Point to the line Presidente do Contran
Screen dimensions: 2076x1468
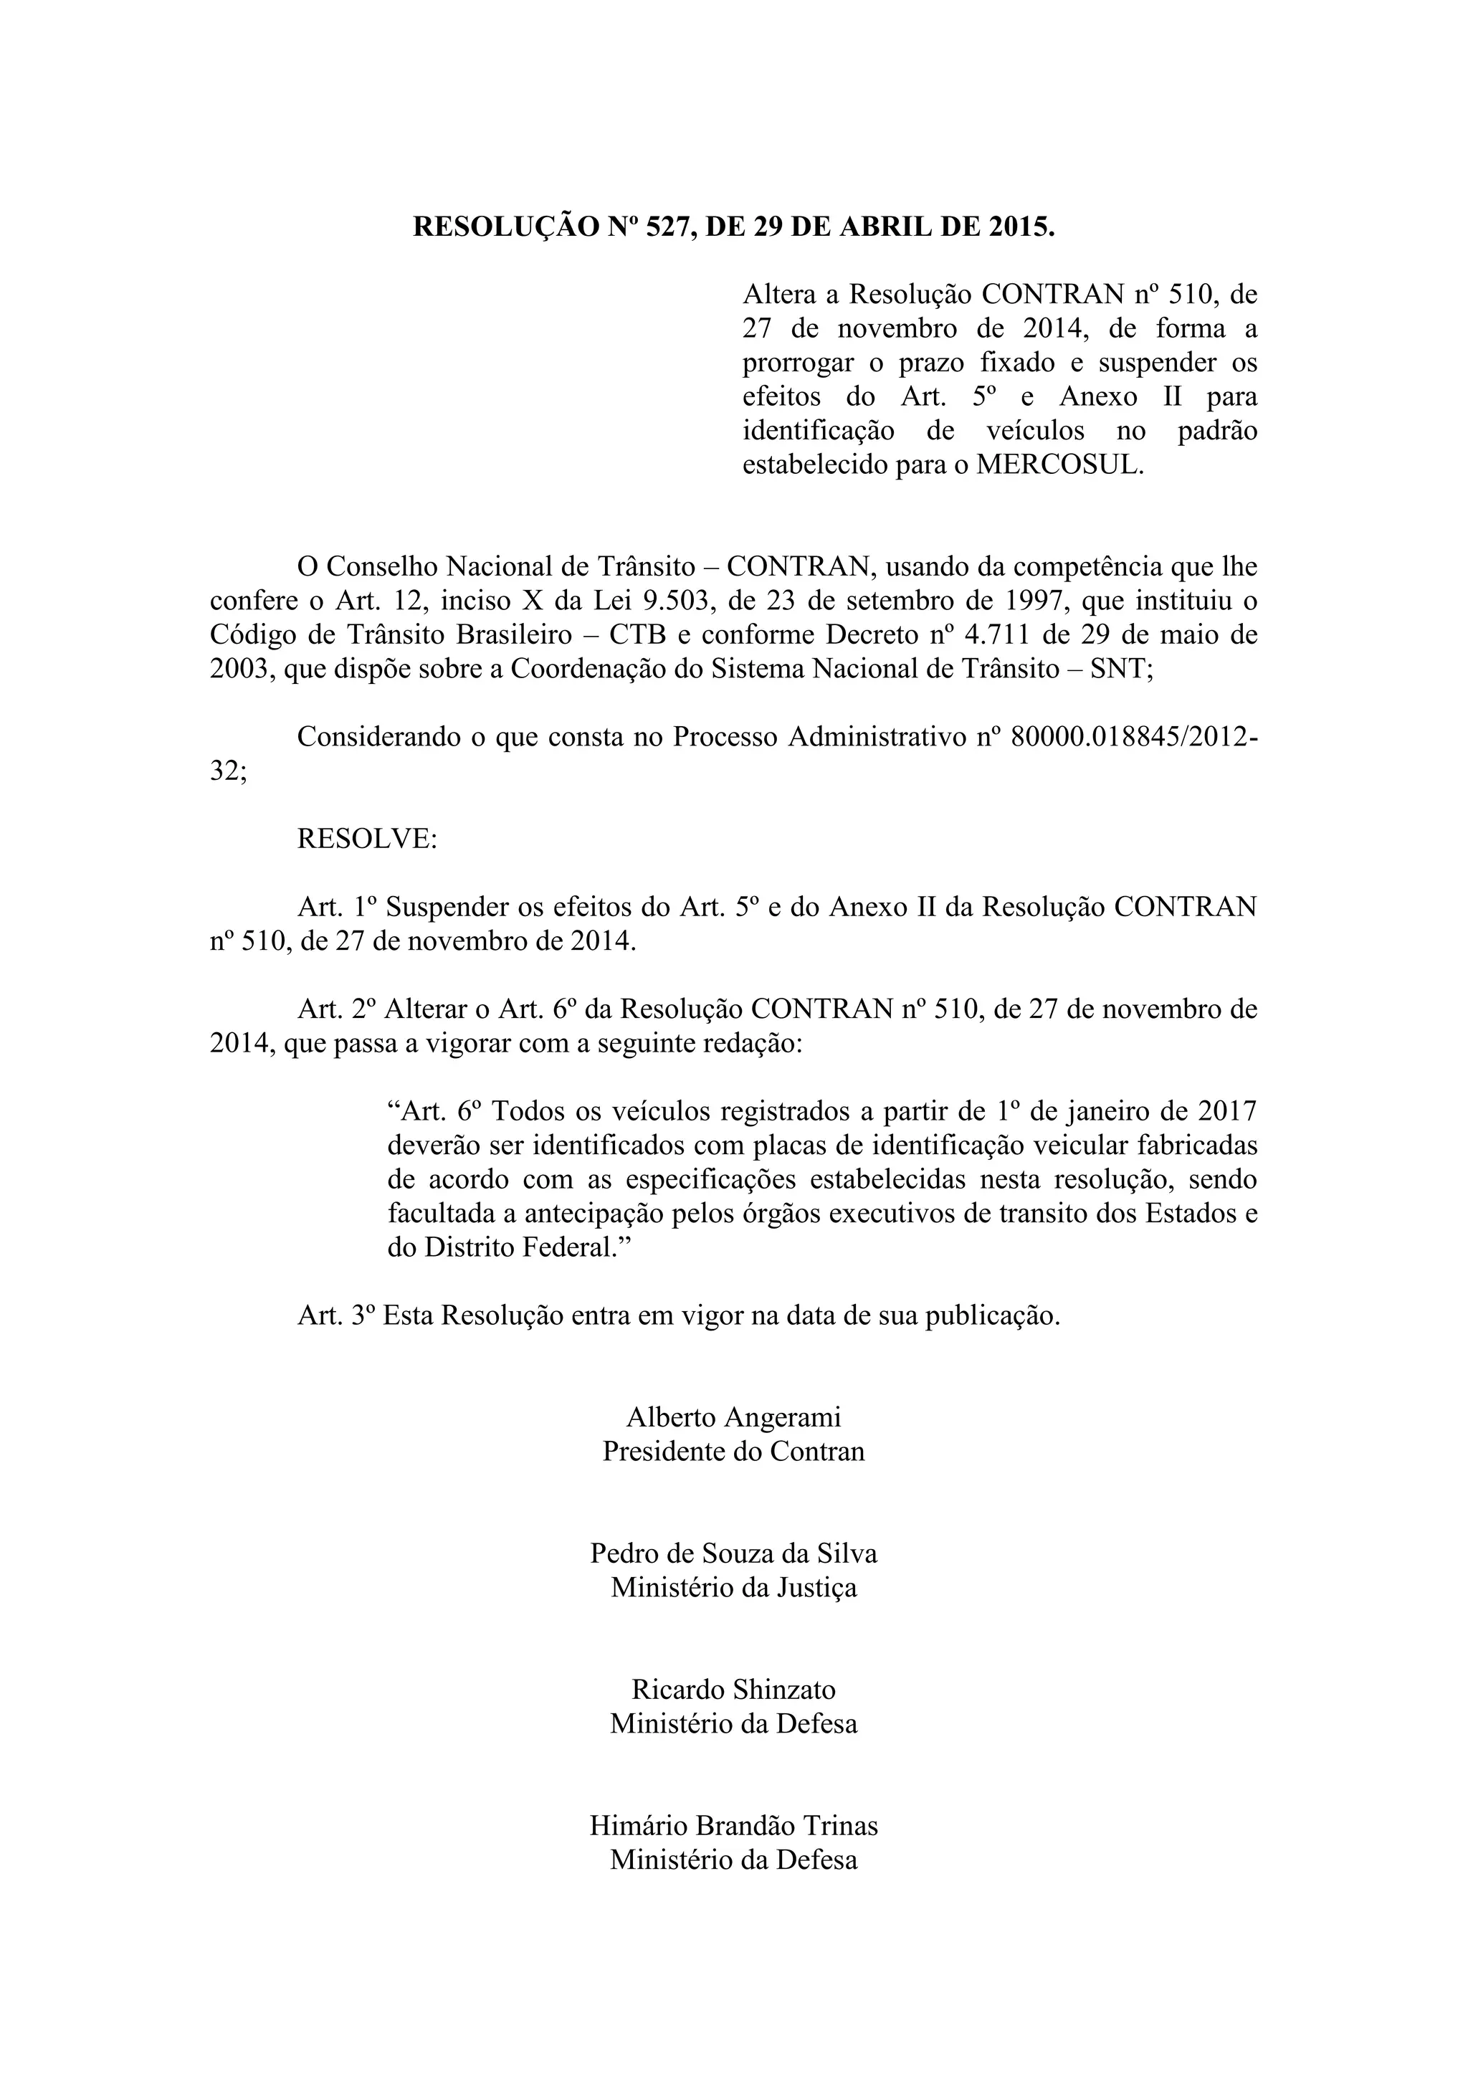[733, 1450]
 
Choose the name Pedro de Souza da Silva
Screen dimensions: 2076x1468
[733, 1553]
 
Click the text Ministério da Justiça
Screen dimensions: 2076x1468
[733, 1587]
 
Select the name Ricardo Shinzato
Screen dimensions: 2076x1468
[733, 1689]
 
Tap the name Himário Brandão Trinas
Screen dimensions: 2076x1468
[733, 1826]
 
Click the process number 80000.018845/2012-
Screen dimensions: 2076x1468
[1133, 737]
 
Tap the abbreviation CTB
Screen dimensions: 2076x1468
[637, 634]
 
